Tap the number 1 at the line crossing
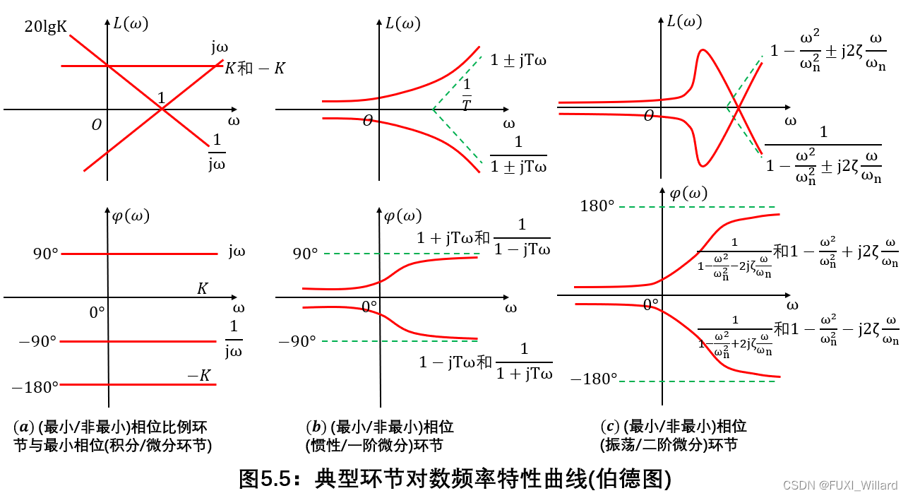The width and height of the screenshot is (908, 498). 161,98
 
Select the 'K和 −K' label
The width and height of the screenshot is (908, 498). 255,69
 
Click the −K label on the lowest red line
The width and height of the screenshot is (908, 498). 198,376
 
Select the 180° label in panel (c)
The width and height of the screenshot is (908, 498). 597,206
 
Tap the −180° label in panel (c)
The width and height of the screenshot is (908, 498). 594,379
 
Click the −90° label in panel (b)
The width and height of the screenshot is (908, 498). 297,342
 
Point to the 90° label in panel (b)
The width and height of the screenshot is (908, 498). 305,253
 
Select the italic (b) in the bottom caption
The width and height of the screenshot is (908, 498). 315,427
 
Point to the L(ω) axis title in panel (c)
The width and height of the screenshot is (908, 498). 684,21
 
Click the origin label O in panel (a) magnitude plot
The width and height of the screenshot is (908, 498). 97,125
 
